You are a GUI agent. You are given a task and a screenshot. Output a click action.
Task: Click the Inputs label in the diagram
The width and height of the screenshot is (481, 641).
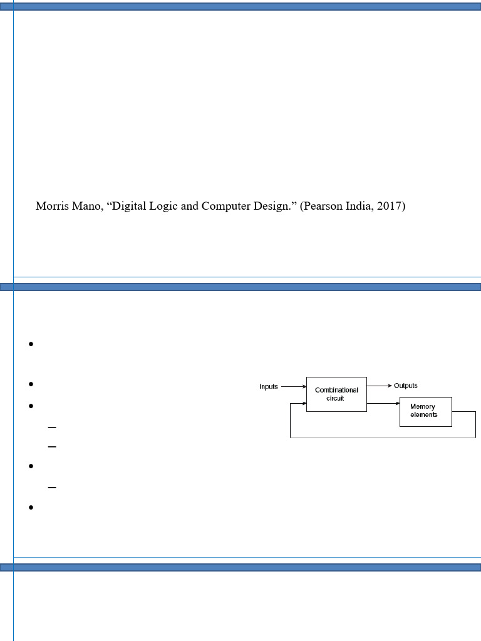(x=269, y=387)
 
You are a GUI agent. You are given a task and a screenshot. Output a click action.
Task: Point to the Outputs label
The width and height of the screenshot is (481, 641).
(x=406, y=386)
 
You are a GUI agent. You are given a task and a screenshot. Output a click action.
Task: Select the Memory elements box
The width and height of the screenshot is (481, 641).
(x=425, y=411)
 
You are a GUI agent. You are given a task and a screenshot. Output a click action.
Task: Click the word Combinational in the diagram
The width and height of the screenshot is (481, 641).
(x=336, y=390)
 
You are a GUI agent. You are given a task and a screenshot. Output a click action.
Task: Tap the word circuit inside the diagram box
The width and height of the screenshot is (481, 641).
(x=336, y=398)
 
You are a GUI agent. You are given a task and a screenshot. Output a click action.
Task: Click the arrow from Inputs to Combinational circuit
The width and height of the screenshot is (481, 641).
(x=293, y=387)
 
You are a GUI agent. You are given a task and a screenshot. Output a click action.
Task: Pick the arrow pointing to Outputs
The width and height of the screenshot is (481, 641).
(x=380, y=386)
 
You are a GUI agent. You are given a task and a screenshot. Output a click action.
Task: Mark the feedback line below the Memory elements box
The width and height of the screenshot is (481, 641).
(x=382, y=438)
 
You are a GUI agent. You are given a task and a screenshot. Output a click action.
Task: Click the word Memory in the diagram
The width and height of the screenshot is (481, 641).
(x=423, y=407)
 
